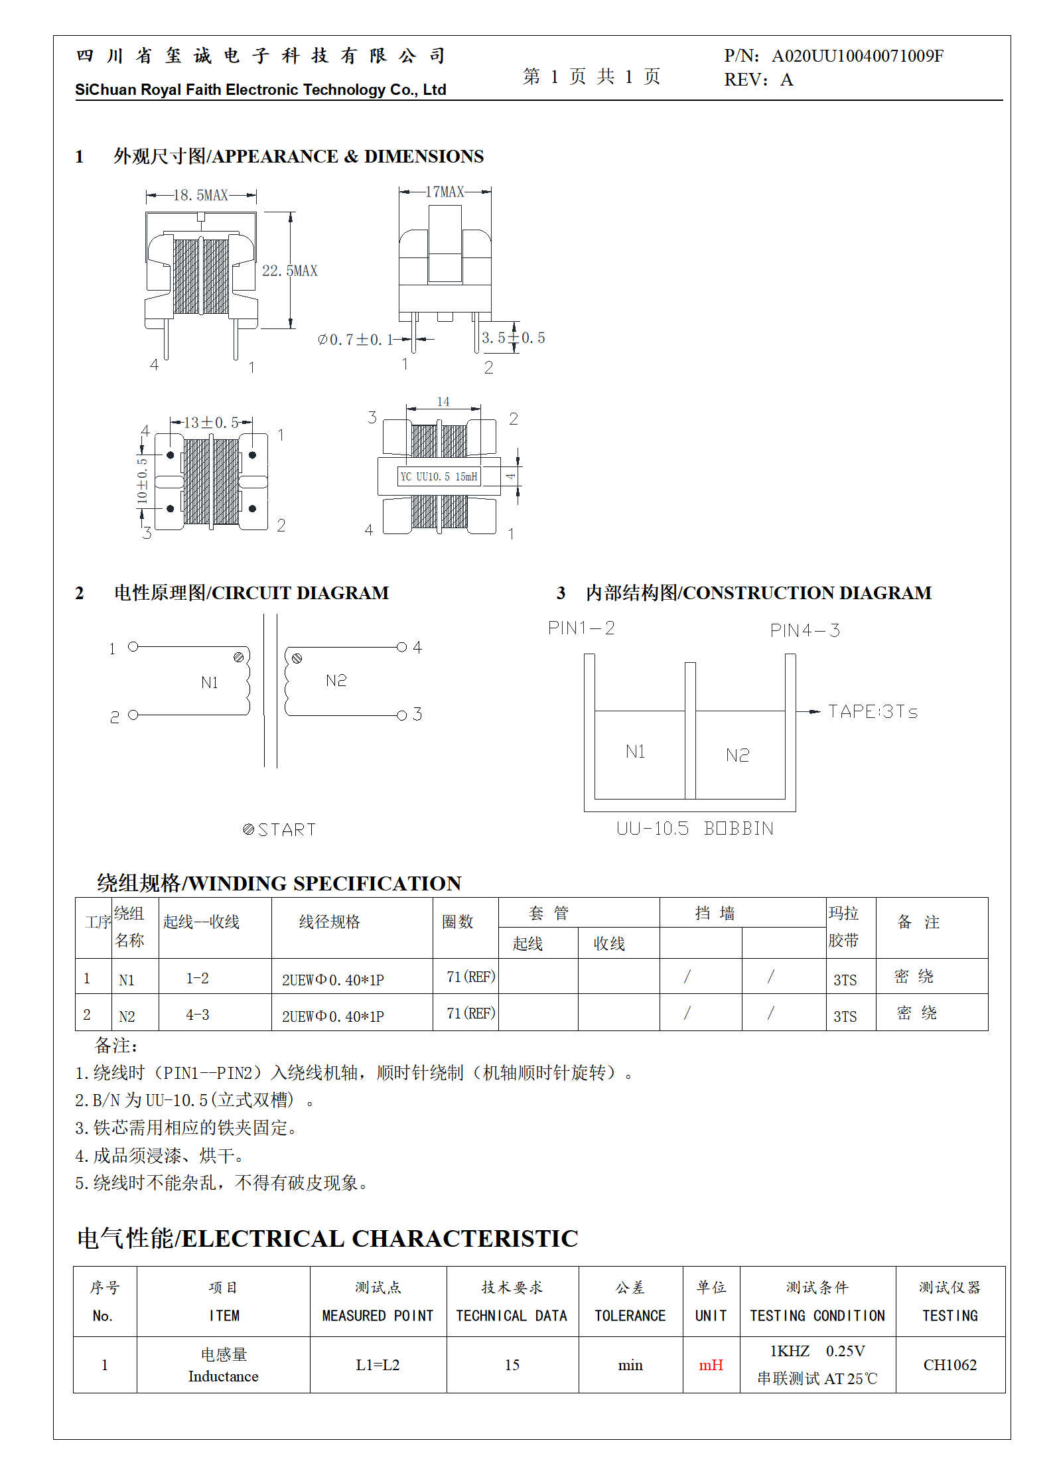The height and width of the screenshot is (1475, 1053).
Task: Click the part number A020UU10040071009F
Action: (857, 56)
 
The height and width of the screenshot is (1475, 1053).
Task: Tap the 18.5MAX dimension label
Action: (200, 195)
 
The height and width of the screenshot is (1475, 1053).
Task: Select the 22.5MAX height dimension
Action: (290, 271)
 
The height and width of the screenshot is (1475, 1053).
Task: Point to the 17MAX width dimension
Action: (445, 192)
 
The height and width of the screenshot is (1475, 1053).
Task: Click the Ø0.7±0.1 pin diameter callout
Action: (356, 340)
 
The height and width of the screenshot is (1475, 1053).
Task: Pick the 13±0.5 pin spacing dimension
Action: (211, 423)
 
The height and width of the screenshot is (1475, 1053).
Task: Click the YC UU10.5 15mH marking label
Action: (439, 476)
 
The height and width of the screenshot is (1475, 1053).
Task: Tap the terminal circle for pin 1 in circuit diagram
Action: (133, 646)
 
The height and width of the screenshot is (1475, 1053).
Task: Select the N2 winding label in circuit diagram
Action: (336, 680)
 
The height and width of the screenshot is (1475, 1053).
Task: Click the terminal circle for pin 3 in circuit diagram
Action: (401, 715)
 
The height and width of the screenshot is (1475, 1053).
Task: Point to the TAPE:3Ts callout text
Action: (873, 712)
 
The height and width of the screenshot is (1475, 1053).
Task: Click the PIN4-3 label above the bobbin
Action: (805, 630)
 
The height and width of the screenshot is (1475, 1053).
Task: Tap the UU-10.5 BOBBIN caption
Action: (695, 828)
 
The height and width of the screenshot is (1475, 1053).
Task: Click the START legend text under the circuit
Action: (286, 829)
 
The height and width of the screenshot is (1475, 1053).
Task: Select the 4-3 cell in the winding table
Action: (198, 1015)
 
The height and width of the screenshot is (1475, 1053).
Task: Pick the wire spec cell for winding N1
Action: (333, 980)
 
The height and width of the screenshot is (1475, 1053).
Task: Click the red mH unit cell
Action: (711, 1365)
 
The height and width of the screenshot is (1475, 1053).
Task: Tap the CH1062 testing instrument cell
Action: (949, 1365)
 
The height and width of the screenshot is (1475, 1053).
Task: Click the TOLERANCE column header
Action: (630, 1315)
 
